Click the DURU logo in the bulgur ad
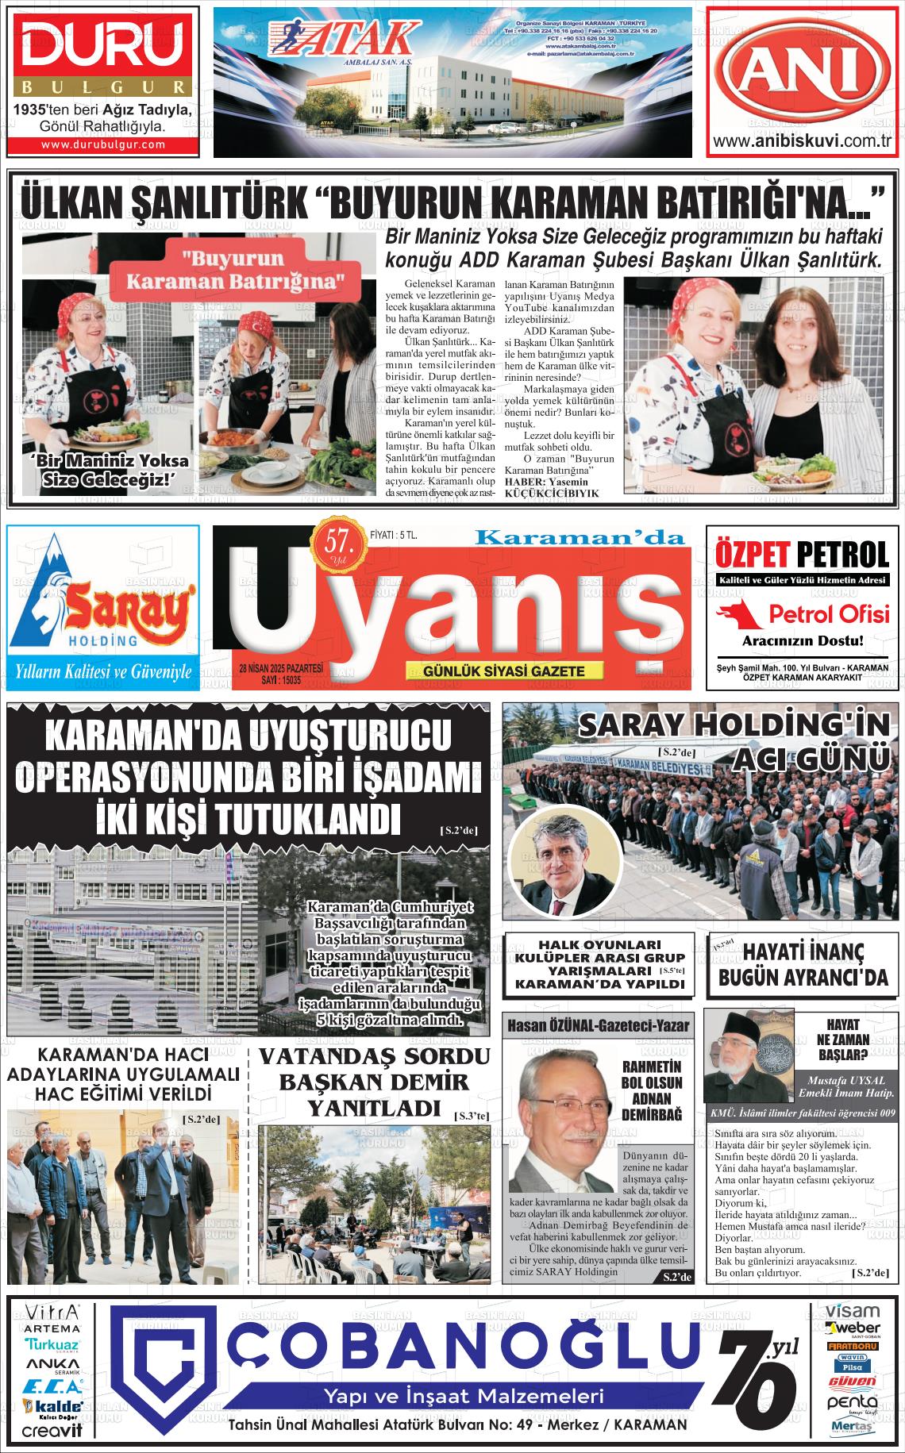102,47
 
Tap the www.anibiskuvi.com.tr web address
802,142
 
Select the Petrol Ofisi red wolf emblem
737,613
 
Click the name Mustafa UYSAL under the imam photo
838,1080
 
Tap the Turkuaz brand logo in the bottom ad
52,1345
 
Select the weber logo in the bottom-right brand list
853,1328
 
